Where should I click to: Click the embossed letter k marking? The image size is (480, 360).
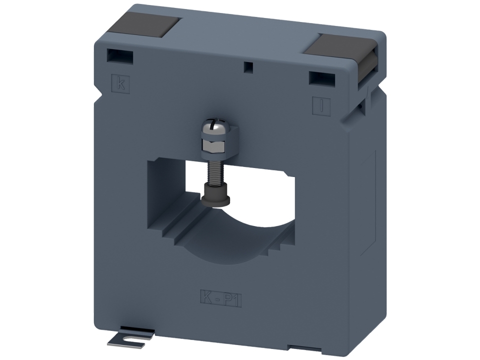tap(120, 83)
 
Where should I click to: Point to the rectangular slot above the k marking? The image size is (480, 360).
tap(120, 56)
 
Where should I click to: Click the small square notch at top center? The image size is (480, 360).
tap(246, 66)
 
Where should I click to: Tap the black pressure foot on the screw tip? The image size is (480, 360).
tap(215, 194)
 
